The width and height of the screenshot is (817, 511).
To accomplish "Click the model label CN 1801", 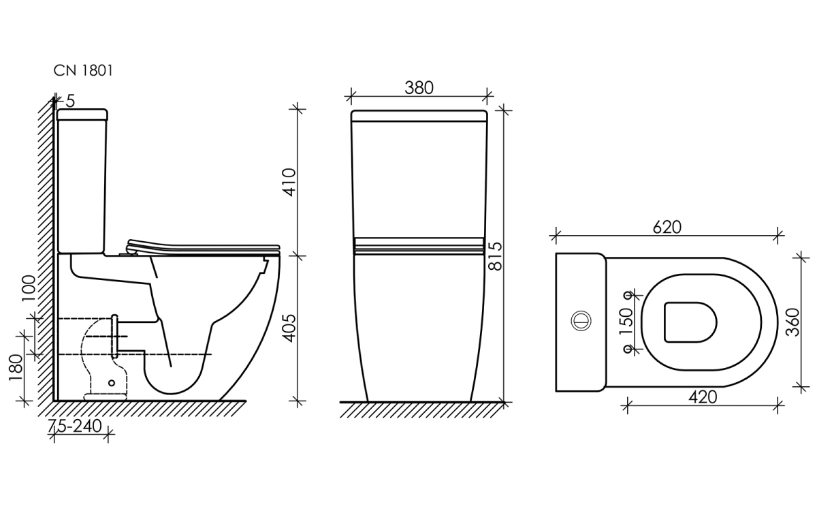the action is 83,70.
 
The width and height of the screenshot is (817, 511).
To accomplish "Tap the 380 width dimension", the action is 419,88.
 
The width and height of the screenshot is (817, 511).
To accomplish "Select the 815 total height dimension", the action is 496,256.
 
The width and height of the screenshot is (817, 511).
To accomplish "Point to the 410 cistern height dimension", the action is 289,182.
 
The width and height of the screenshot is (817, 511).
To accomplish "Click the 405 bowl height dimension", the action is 289,328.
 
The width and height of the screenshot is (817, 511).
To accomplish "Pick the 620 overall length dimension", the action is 667,228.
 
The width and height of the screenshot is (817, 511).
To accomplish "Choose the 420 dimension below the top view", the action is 703,397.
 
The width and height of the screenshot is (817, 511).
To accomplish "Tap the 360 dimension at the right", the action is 792,322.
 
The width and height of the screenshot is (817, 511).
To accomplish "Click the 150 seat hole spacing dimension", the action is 626,321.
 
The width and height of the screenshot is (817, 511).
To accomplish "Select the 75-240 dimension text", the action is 75,426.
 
